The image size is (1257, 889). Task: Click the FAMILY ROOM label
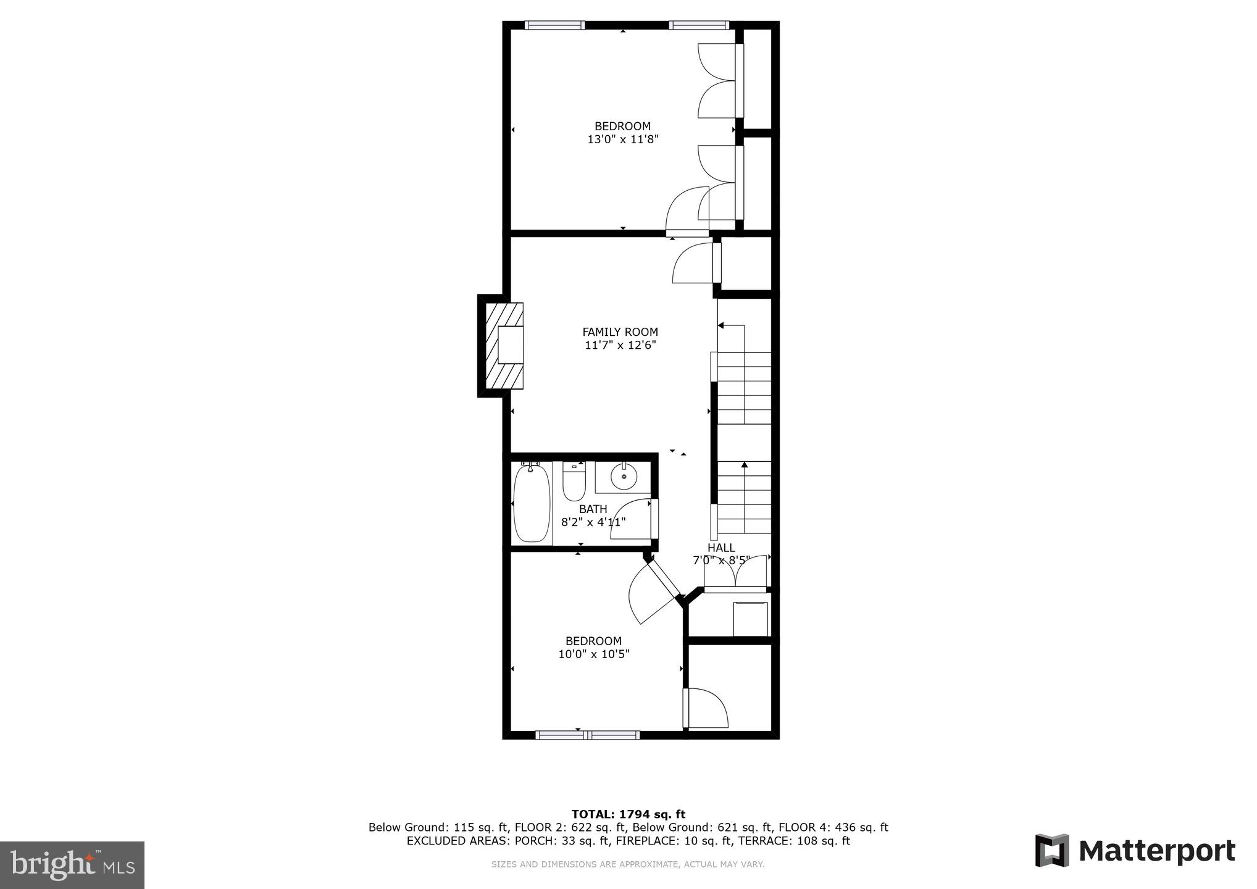[x=620, y=332]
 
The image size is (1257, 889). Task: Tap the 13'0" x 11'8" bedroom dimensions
[x=622, y=140]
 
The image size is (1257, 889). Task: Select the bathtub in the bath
[x=532, y=503]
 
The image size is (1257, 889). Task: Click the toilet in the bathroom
[x=574, y=482]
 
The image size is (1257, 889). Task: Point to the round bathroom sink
[x=624, y=477]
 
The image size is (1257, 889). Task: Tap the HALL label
[x=720, y=548]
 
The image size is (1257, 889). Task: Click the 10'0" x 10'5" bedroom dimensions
[x=593, y=654]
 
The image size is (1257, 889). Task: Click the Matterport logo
[x=1135, y=851]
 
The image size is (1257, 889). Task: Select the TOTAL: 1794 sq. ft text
[x=628, y=814]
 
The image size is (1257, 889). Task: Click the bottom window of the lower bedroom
[x=587, y=735]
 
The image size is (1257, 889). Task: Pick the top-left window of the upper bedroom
[x=554, y=25]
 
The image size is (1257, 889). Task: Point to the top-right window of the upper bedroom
[x=699, y=25]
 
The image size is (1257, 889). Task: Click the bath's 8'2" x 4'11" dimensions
[x=593, y=522]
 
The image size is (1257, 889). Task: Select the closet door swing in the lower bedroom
[x=707, y=709]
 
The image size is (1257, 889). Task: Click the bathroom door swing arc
[x=630, y=519]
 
